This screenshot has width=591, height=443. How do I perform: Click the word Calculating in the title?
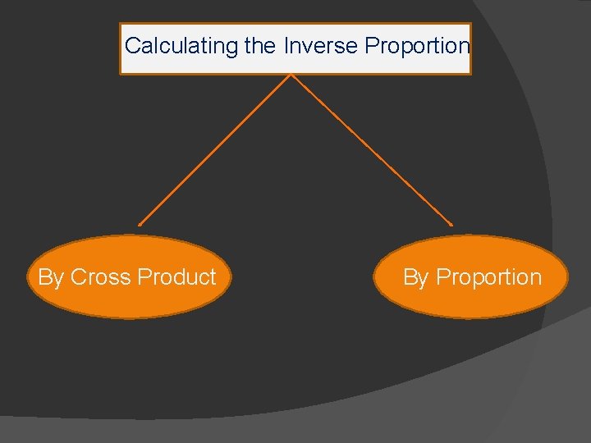click(x=181, y=46)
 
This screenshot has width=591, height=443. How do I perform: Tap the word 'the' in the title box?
click(x=260, y=46)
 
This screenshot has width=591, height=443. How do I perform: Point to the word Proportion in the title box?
click(x=417, y=46)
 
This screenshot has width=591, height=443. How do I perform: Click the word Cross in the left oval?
click(x=101, y=277)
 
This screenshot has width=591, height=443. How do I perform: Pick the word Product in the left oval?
click(x=176, y=277)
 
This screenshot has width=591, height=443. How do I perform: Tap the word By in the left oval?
click(x=50, y=278)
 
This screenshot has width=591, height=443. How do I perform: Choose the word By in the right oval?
click(x=415, y=278)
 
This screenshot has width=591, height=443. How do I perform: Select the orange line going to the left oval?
click(x=215, y=149)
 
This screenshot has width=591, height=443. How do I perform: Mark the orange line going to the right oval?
click(x=371, y=149)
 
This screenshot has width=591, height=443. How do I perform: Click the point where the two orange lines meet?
click(x=291, y=75)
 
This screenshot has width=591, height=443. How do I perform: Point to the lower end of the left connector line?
click(x=140, y=224)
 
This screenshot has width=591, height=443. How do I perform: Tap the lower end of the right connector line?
click(x=451, y=224)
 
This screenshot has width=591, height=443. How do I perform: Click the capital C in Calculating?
click(x=132, y=46)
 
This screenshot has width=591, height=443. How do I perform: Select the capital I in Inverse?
click(x=286, y=46)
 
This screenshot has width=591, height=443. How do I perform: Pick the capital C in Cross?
click(x=78, y=277)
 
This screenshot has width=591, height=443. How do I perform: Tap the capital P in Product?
click(x=144, y=277)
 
